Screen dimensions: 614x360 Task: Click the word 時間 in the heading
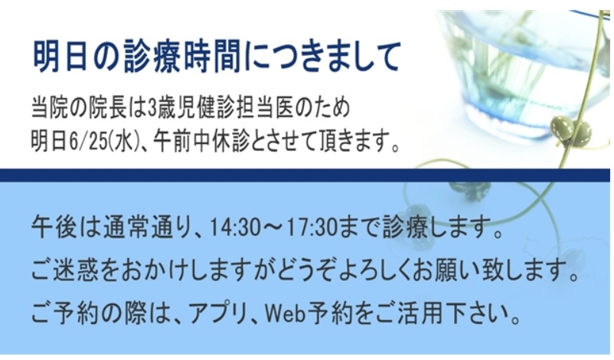[x=211, y=57]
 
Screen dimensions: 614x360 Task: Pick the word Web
[x=285, y=314]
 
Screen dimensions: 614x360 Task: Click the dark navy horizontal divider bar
[x=305, y=175]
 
